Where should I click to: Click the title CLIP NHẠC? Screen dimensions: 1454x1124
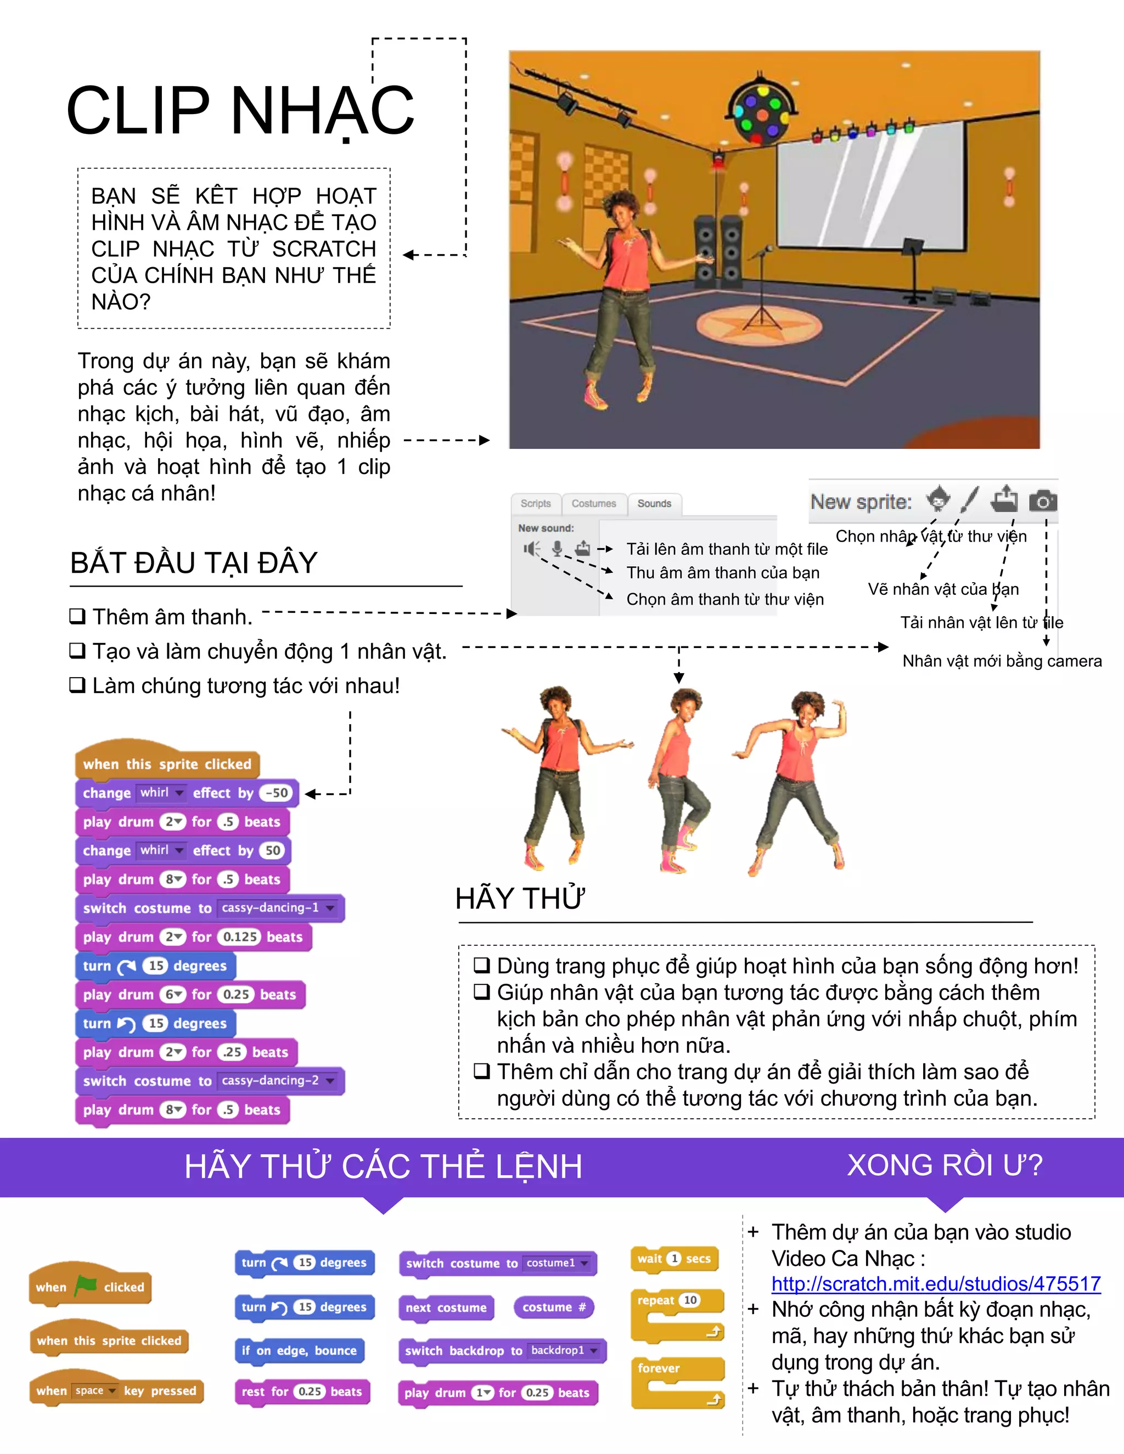240,110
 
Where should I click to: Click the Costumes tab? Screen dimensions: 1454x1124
593,503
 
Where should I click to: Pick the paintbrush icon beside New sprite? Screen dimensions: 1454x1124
970,499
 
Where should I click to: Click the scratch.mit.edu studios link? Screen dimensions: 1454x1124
936,1283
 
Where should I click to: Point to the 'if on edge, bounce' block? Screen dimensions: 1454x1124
299,1350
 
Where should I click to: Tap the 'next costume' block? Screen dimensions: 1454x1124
446,1308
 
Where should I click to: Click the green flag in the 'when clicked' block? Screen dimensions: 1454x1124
85,1285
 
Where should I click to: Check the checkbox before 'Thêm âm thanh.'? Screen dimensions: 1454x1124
77,617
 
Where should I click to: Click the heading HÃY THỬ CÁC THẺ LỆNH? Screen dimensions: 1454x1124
383,1166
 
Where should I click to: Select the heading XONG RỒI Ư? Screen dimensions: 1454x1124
944,1165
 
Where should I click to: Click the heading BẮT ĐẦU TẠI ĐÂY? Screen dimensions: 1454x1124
194,562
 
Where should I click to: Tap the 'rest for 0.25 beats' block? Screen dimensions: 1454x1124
302,1391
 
